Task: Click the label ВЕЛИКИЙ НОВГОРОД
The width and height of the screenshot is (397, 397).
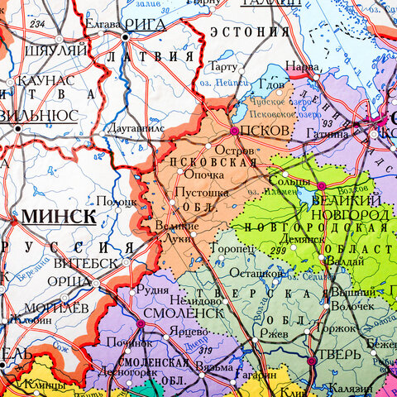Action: coord(358,208)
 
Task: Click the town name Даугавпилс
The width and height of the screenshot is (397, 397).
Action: coord(137,130)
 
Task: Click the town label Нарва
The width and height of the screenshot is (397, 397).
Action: coord(302,65)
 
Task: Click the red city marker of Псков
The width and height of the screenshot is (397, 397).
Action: coord(234,131)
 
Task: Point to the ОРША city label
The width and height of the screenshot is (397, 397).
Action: coord(69,282)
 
